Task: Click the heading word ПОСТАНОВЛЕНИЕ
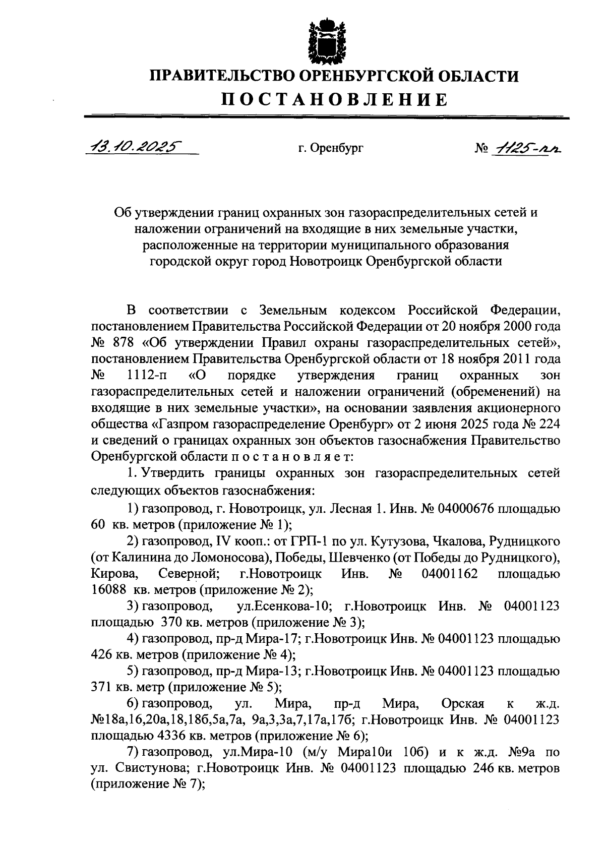coord(335,99)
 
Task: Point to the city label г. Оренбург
coord(330,148)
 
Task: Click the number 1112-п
coord(148,376)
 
